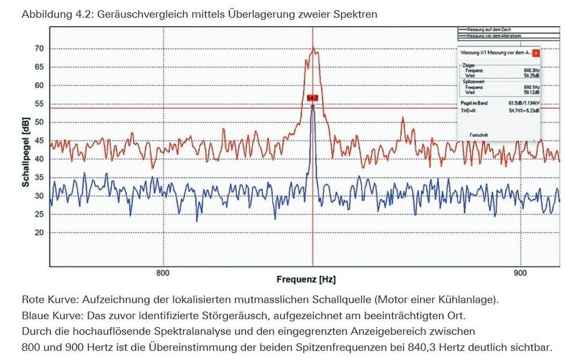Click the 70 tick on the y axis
point(39,49)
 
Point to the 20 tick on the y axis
point(39,232)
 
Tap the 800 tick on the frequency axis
point(163,273)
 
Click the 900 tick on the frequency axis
point(520,273)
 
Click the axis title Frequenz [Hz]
point(306,279)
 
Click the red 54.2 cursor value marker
point(312,98)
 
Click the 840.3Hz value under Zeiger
point(531,70)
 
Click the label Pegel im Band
point(475,103)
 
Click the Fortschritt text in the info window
point(479,135)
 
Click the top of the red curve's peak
point(312,48)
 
